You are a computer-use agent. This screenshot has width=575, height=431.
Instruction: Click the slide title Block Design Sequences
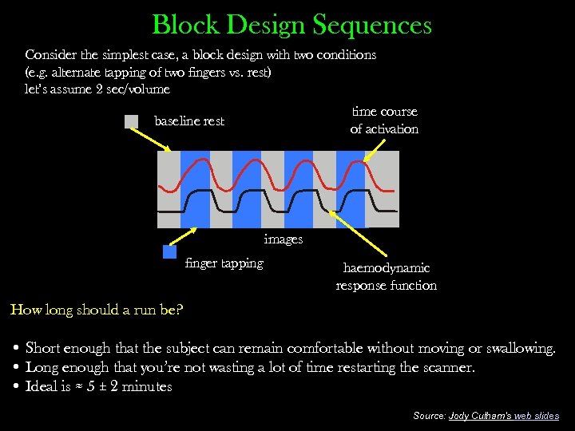point(291,25)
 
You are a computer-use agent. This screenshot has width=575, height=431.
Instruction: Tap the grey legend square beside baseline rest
point(132,121)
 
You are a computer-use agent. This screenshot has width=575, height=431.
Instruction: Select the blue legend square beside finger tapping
point(169,252)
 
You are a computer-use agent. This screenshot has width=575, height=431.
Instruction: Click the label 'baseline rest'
point(189,121)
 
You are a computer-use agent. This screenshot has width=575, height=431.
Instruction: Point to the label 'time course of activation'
point(384,121)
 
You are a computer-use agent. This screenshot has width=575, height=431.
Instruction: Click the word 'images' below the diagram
point(284,239)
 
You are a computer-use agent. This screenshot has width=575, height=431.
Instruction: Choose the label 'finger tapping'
point(224,263)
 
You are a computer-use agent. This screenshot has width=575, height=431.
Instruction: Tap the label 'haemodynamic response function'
point(387,276)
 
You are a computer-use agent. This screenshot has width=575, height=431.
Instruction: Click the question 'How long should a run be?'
point(97,310)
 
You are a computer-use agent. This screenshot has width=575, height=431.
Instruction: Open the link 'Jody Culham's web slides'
point(504,416)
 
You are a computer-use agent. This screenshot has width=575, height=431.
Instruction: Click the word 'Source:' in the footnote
point(430,416)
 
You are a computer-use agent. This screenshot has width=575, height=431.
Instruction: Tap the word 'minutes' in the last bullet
point(145,387)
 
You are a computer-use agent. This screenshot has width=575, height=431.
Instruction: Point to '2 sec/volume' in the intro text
point(129,89)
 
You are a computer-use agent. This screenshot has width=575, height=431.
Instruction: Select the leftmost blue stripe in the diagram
point(195,189)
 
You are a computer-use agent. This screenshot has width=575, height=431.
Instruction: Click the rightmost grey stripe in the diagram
point(381,189)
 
